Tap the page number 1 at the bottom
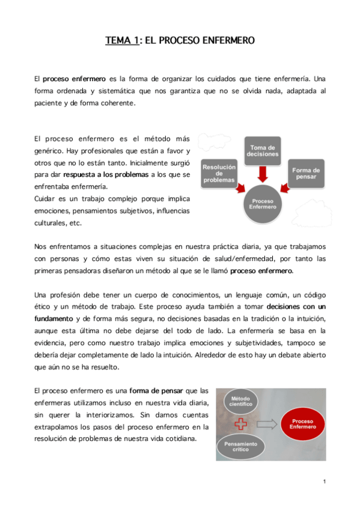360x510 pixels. point(324,481)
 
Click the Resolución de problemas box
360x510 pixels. point(219,173)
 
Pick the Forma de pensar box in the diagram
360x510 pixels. point(306,173)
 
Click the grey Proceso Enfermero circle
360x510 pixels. point(263,204)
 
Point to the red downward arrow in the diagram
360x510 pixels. point(262,173)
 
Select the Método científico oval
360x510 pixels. point(240,401)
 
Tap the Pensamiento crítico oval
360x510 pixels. point(240,446)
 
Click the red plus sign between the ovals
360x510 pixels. point(241,424)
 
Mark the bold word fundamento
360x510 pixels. point(56,318)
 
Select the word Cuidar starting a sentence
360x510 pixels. point(44,198)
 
